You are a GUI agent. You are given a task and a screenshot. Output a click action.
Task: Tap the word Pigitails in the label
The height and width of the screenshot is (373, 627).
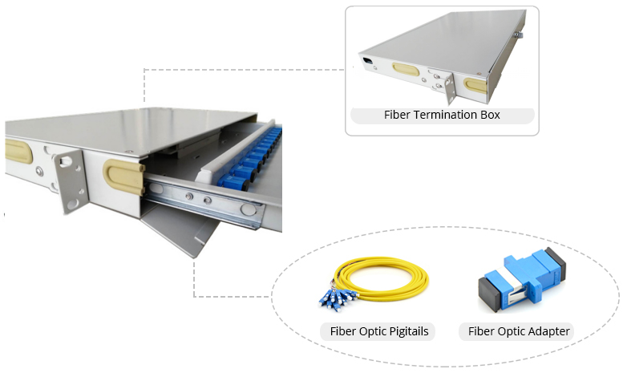click(407, 331)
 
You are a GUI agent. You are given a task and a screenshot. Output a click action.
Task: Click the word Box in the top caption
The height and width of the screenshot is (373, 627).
click(489, 115)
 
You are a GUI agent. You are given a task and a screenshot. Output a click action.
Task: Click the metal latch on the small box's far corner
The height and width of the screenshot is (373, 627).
click(520, 34)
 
